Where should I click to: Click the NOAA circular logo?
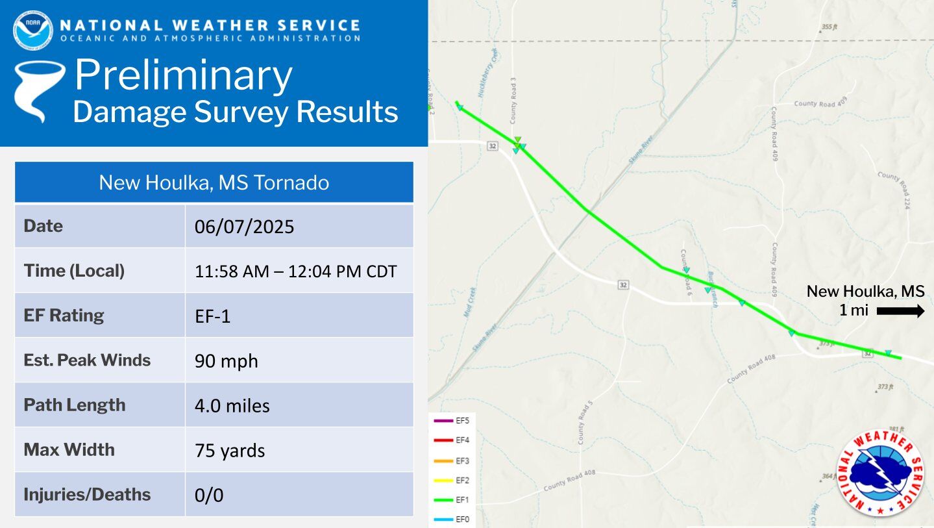(32, 30)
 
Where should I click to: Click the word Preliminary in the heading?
(183, 75)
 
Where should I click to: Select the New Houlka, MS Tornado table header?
(214, 182)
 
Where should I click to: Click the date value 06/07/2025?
(245, 227)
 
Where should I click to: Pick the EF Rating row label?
(64, 316)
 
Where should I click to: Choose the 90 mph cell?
(227, 361)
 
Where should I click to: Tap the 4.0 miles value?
(232, 406)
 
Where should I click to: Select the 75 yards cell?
(230, 450)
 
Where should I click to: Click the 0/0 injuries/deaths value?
(209, 495)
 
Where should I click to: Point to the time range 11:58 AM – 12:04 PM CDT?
(295, 271)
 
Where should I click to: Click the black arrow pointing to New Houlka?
(900, 311)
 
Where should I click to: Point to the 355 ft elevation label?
(828, 27)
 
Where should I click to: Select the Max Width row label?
(69, 450)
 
